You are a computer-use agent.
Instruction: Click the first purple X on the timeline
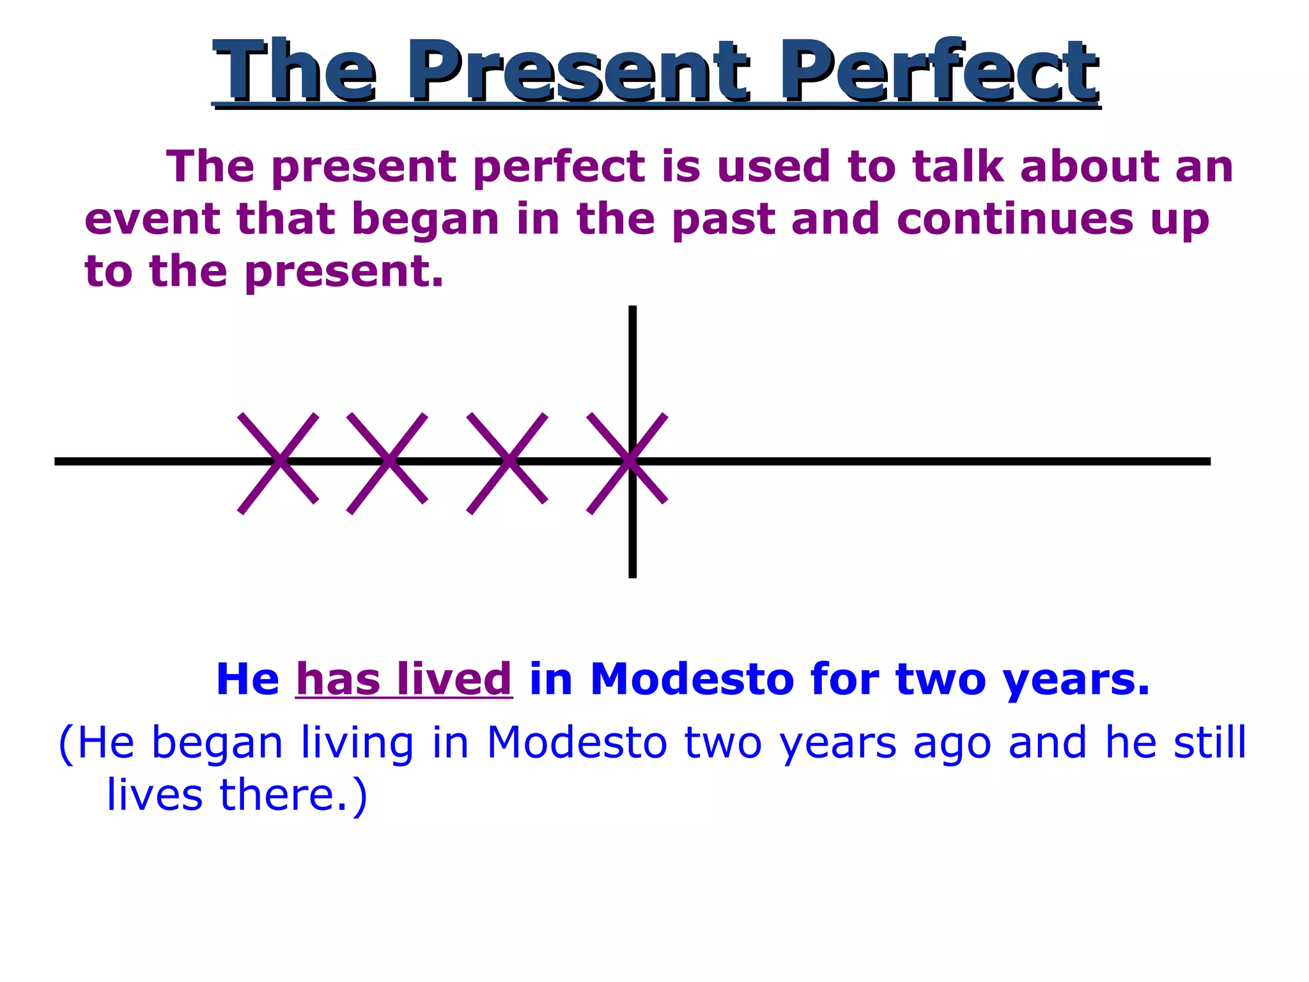tap(279, 462)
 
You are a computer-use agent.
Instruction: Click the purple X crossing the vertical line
tap(628, 462)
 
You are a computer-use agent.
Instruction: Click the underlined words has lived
tap(404, 679)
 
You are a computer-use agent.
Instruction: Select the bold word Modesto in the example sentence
tap(692, 679)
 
